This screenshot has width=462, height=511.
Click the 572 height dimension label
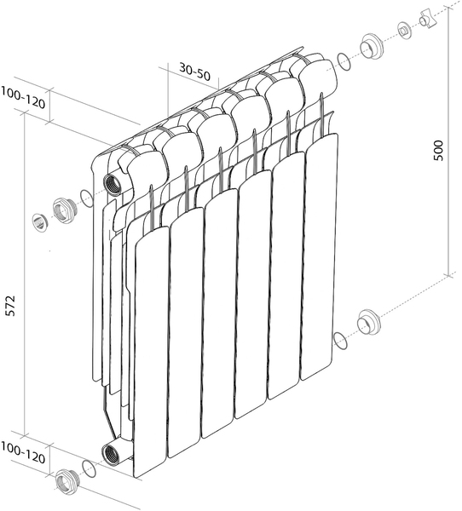click(11, 306)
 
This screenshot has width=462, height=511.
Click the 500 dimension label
click(438, 150)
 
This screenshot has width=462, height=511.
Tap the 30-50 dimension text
click(195, 72)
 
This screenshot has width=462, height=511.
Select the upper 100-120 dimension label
click(22, 97)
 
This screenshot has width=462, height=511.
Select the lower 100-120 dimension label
click(22, 453)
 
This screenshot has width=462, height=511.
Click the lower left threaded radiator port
click(110, 453)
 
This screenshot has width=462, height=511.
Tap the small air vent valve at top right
click(405, 32)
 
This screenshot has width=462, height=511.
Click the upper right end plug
click(371, 46)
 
